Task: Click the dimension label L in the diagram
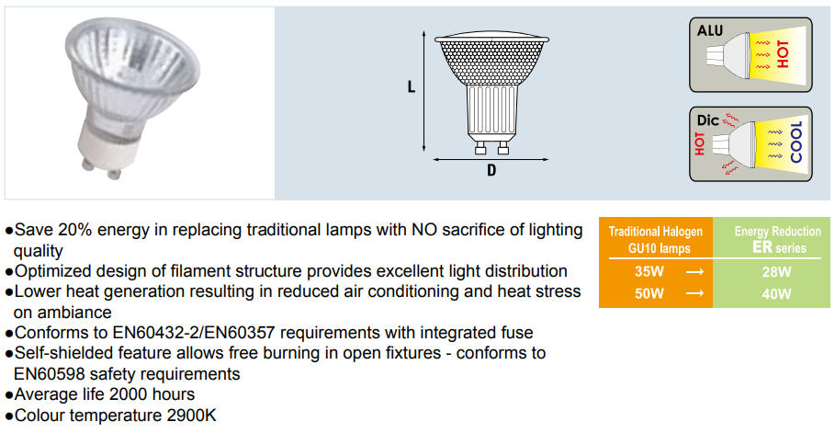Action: [412, 87]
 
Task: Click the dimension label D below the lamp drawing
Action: [491, 170]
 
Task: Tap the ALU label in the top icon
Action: [710, 30]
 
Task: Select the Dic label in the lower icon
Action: [707, 120]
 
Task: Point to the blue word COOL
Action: [796, 142]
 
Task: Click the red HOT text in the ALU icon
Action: [783, 54]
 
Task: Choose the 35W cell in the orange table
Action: [649, 271]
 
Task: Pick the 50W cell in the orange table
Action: [649, 293]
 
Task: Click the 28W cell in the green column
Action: [776, 272]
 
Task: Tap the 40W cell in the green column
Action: [776, 294]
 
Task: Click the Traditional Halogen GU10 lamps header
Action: [656, 239]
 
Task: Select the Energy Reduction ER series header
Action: [777, 239]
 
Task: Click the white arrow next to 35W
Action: [694, 272]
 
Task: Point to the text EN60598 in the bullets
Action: [46, 374]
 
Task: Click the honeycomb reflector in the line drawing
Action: [491, 63]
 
